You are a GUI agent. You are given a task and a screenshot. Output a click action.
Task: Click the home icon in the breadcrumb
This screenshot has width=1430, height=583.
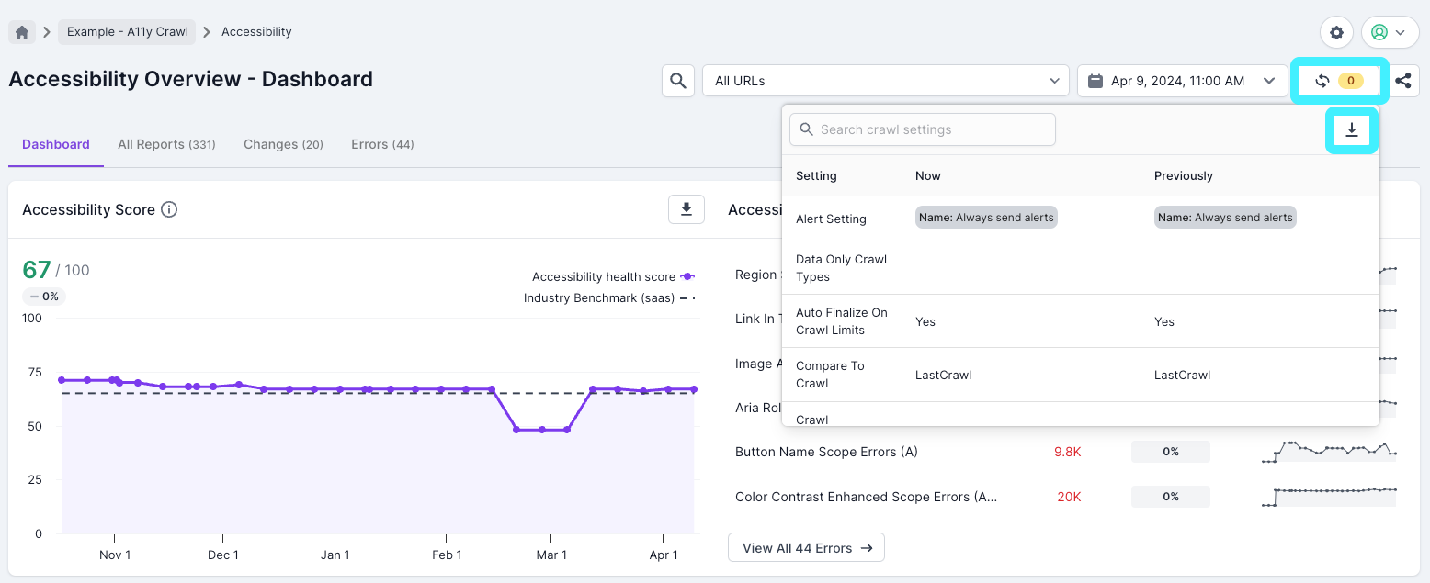click(22, 32)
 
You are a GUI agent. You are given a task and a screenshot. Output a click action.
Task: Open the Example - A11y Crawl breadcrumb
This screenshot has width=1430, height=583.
click(127, 32)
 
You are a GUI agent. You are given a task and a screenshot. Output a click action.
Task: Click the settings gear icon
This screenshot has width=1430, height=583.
click(1336, 32)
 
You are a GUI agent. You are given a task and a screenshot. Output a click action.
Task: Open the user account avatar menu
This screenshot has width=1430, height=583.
click(1389, 32)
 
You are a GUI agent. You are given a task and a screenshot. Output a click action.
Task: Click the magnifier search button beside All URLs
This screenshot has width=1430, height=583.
click(677, 81)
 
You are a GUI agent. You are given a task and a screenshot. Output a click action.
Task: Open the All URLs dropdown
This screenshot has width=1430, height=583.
click(1053, 81)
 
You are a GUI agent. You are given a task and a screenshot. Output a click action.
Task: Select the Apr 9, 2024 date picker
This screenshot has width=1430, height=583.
click(1181, 81)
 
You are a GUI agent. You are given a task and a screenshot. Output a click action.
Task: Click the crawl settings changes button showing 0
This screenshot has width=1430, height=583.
click(1339, 81)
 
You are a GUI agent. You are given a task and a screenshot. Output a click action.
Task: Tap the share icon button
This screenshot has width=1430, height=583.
click(1402, 81)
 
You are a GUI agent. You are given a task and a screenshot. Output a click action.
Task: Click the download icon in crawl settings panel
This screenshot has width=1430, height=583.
click(1351, 130)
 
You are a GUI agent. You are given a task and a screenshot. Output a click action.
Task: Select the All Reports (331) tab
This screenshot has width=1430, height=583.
click(166, 144)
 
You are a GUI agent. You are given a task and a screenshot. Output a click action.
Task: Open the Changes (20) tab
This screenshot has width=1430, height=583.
click(283, 144)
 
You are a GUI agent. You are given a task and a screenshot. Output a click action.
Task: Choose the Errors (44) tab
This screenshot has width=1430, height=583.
click(382, 144)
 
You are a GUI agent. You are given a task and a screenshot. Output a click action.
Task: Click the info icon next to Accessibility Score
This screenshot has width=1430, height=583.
click(169, 209)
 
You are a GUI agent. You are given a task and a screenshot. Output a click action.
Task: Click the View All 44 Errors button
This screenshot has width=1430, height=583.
click(806, 548)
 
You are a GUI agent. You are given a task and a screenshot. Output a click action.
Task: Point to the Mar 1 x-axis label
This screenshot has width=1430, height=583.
click(551, 555)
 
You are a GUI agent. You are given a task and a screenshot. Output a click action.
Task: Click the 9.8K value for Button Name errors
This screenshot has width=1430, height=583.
click(1067, 452)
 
